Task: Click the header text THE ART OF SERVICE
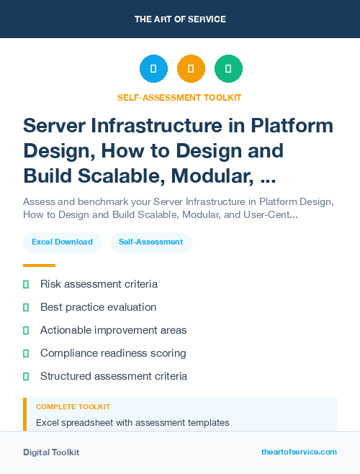pyautogui.click(x=180, y=19)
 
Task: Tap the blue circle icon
pyautogui.click(x=153, y=69)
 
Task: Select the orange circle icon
pyautogui.click(x=191, y=69)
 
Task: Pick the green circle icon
pyautogui.click(x=228, y=69)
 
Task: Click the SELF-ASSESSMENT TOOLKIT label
pyautogui.click(x=180, y=97)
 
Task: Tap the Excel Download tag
pyautogui.click(x=62, y=242)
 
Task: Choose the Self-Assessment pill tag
pyautogui.click(x=151, y=242)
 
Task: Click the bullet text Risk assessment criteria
pyautogui.click(x=99, y=284)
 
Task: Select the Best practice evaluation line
pyautogui.click(x=98, y=307)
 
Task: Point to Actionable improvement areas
pyautogui.click(x=113, y=330)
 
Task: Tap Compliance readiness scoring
pyautogui.click(x=113, y=353)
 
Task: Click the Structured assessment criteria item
pyautogui.click(x=114, y=376)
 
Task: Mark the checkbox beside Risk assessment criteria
pyautogui.click(x=26, y=285)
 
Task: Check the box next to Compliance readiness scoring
pyautogui.click(x=26, y=354)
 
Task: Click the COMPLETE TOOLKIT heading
pyautogui.click(x=73, y=407)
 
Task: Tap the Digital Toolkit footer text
pyautogui.click(x=51, y=452)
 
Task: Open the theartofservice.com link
pyautogui.click(x=299, y=452)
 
